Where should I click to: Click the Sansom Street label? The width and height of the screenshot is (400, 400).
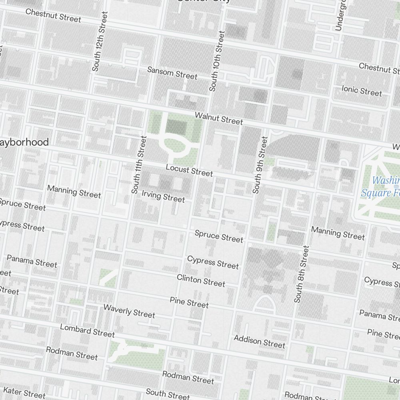172,73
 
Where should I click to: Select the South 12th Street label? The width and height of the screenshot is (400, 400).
100,41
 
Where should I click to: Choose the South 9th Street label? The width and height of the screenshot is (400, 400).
260,165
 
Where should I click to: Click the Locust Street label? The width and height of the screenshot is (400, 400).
189,170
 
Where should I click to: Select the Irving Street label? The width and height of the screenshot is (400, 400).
163,196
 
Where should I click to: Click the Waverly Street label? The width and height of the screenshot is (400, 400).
129,311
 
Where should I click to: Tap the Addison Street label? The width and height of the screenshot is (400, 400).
260,342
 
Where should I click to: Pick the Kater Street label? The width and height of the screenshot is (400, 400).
24,392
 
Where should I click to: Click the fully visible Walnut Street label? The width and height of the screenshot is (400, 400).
218,118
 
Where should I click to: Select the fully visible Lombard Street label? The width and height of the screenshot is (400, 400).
87,330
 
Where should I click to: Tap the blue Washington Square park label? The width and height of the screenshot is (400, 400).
380,187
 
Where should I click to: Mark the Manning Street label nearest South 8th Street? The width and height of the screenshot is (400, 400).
338,233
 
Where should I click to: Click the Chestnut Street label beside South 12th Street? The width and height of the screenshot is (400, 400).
53,15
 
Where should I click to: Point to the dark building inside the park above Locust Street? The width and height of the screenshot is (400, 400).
176,127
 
